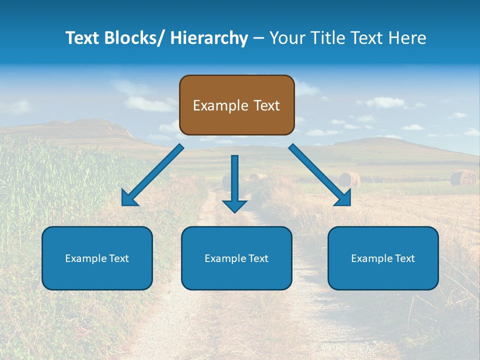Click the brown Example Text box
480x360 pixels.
click(236, 105)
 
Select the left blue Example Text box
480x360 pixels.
click(97, 258)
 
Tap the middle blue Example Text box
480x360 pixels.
click(236, 258)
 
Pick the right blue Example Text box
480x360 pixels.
click(383, 258)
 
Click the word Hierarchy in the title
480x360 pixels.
click(209, 38)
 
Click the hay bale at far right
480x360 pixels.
click(463, 177)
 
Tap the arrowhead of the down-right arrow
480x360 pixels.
click(343, 198)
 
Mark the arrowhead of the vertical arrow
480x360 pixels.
click(234, 206)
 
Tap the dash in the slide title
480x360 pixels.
click(258, 38)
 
